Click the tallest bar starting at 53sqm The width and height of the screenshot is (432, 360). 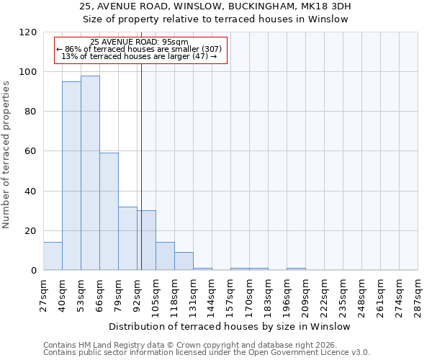(x=90, y=173)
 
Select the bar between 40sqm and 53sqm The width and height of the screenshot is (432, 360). (x=71, y=176)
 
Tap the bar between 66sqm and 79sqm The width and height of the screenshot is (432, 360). (x=109, y=212)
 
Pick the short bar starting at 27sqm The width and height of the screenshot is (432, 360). (x=53, y=256)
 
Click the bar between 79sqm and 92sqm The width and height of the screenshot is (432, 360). (x=127, y=238)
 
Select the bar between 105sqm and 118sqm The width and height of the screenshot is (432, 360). (x=165, y=256)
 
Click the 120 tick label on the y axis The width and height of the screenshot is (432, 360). (x=28, y=32)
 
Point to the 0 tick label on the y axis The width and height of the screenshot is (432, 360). (x=34, y=271)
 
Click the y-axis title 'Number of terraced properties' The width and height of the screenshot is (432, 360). (x=7, y=155)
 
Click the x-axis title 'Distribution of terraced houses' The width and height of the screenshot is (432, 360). (x=230, y=326)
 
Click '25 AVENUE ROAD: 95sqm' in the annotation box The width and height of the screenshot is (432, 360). (x=140, y=42)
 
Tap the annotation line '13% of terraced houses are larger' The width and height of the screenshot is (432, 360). (x=140, y=56)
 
